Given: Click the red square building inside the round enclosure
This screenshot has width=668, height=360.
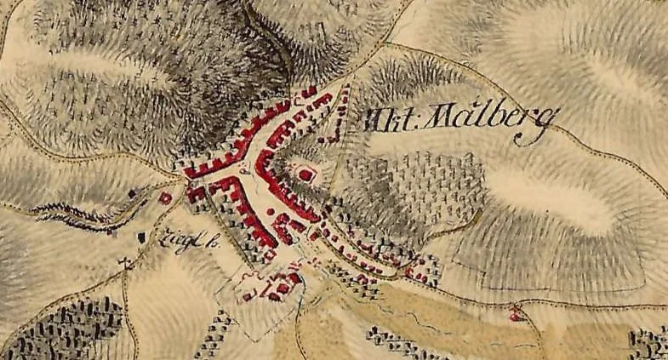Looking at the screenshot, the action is [x=305, y=174].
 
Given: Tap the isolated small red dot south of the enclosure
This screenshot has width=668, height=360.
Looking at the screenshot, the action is [x=271, y=209].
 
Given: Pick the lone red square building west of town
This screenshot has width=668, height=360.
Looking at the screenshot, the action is [x=166, y=198].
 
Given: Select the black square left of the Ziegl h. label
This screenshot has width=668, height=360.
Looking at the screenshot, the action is [x=141, y=234].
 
